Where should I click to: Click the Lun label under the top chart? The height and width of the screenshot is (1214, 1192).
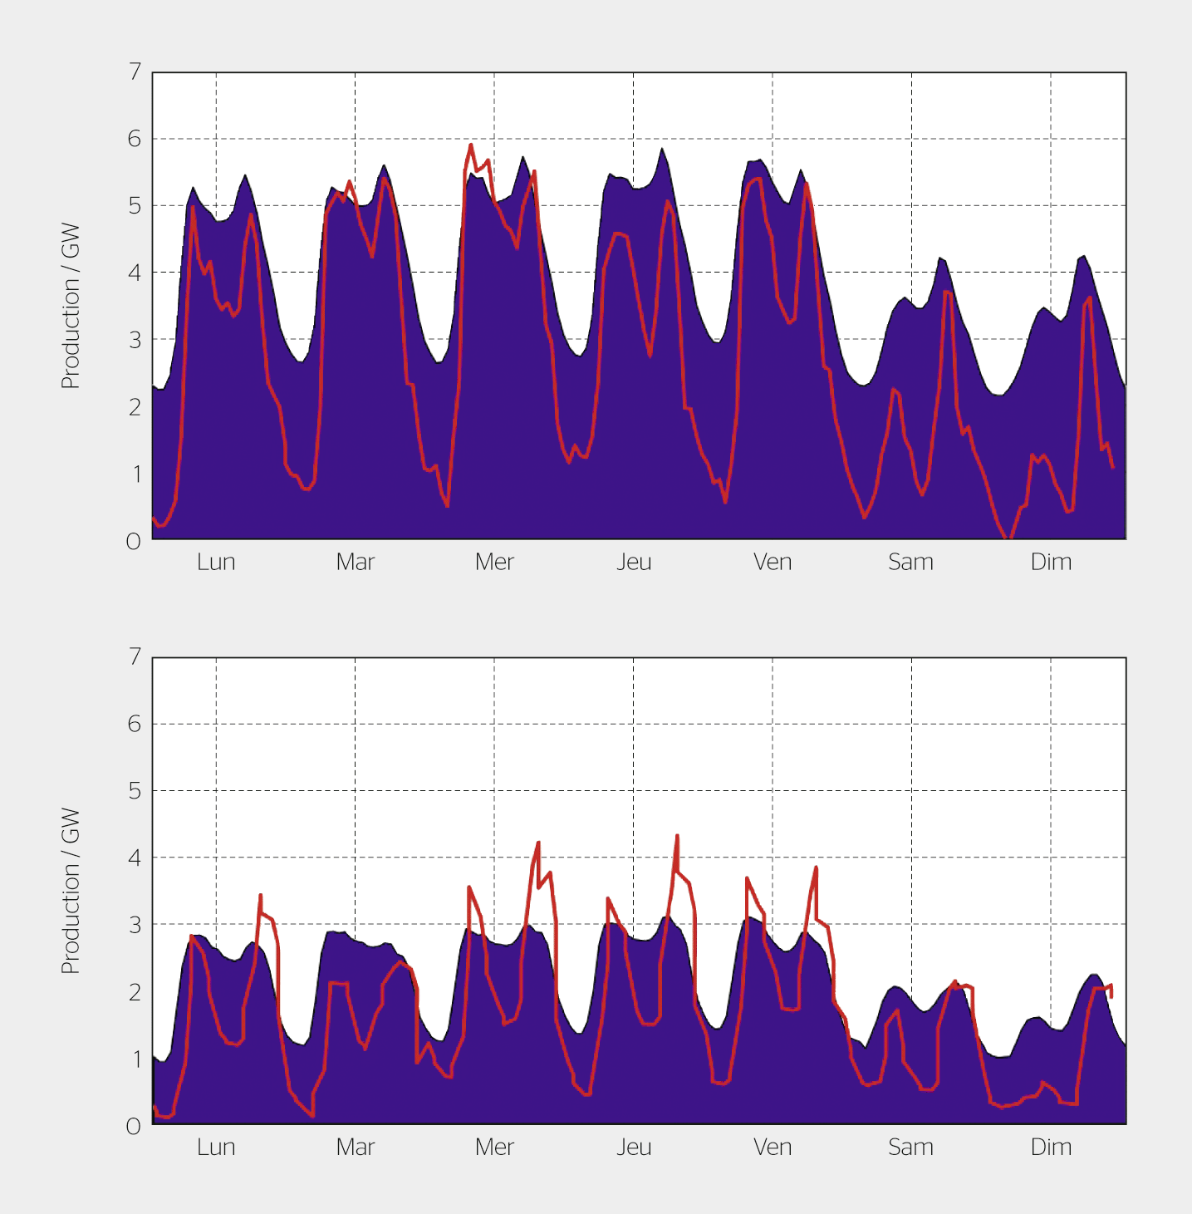click(216, 563)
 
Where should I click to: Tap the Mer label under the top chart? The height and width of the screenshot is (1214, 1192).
click(494, 563)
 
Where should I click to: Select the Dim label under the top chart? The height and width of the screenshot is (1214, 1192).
click(1051, 563)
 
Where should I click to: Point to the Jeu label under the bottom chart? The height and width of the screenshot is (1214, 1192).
click(634, 1148)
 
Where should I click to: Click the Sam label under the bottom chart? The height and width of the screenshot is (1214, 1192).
click(910, 1148)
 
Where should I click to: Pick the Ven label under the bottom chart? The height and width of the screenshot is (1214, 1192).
click(773, 1148)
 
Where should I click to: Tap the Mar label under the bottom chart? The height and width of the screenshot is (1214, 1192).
click(356, 1148)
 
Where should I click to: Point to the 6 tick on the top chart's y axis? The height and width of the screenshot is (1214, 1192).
click(135, 139)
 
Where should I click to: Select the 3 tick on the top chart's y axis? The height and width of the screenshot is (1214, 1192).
click(135, 340)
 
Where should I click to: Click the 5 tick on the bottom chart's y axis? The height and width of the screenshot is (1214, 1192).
click(135, 791)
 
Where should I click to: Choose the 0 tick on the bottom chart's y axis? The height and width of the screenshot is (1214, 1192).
click(134, 1127)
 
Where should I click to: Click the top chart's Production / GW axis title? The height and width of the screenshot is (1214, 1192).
click(71, 306)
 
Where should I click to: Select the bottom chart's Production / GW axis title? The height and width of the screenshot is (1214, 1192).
click(71, 891)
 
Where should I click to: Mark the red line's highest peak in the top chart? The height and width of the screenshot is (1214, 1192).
click(471, 145)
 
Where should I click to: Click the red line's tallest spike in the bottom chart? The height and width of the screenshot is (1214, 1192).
click(677, 836)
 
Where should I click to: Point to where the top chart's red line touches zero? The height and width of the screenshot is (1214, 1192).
click(1005, 538)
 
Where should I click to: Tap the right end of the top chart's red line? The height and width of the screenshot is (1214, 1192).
click(1113, 468)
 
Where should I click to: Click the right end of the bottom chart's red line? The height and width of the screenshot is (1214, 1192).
click(1111, 996)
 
